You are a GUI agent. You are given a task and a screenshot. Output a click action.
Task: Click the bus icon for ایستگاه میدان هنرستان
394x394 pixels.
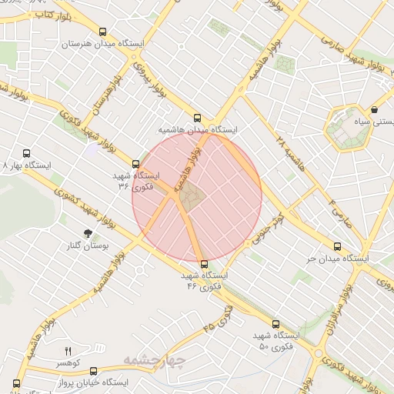103,32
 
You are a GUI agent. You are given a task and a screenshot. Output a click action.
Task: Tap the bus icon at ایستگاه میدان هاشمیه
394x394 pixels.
197,119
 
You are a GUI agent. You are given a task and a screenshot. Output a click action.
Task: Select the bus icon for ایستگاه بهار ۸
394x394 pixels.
27,154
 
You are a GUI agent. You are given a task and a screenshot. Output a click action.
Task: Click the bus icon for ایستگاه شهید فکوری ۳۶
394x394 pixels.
136,164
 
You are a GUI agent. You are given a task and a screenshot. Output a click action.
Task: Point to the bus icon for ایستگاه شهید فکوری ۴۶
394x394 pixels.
203,264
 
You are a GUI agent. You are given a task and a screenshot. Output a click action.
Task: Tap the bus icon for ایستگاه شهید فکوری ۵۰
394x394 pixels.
275,325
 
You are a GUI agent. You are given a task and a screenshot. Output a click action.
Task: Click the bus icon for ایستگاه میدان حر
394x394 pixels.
338,247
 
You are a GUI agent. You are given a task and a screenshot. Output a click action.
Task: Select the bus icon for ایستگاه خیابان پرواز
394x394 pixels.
93,371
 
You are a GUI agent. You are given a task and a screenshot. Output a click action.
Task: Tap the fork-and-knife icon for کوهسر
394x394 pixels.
68,350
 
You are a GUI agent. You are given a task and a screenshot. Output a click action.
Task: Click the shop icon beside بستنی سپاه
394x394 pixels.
374,110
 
